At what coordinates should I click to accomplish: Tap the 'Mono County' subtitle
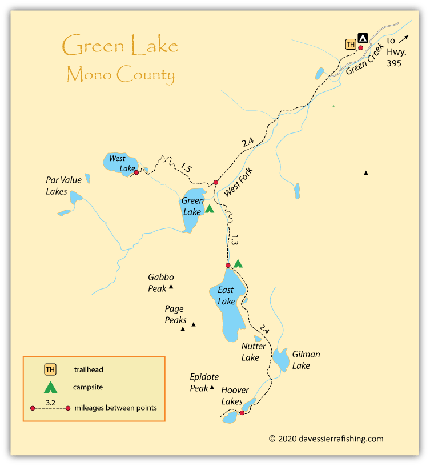point(120,74)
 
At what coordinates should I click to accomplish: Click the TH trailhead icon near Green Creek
point(351,44)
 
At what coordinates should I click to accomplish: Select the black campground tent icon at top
point(363,38)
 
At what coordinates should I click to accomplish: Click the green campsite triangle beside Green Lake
point(209,209)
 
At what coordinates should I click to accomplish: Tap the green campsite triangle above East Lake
point(238,263)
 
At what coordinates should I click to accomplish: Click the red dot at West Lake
point(136,172)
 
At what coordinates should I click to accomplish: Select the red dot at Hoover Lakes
point(242,412)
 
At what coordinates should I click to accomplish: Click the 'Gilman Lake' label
point(306,360)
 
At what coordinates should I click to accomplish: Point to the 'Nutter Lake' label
point(253,352)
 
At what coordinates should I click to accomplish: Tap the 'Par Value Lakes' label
point(63,186)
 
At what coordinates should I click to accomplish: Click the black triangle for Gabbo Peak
point(171,287)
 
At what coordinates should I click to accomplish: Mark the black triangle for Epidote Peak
point(212,387)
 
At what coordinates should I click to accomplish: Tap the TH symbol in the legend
point(51,369)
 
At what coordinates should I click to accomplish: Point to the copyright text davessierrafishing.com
point(326,439)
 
